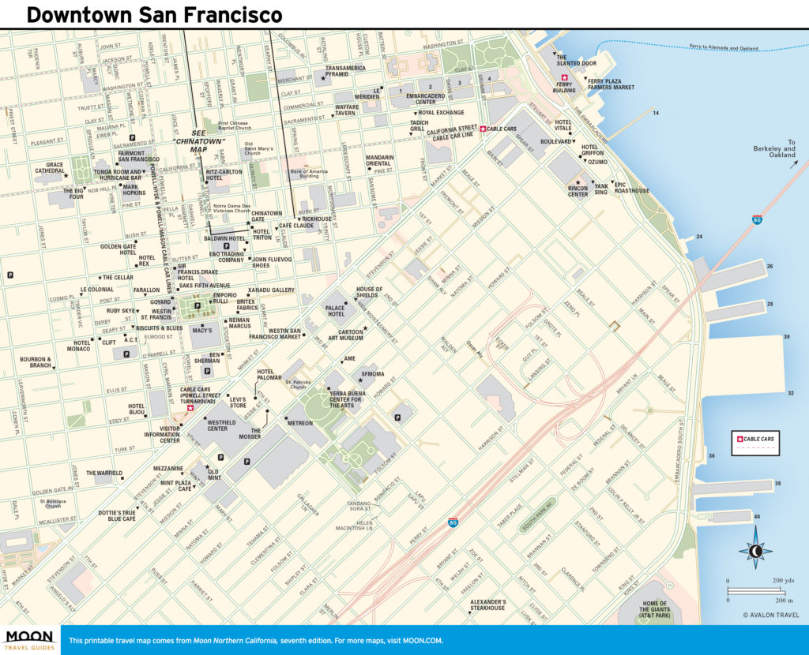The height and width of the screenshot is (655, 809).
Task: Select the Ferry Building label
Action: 564,87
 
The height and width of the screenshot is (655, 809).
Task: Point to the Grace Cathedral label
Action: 49,169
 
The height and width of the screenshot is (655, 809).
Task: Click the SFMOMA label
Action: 372,373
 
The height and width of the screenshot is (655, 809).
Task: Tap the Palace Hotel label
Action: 336,310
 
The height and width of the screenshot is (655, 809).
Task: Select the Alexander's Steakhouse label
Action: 487,604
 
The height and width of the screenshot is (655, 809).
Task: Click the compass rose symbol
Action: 756,552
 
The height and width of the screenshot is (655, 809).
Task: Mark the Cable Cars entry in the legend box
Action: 756,439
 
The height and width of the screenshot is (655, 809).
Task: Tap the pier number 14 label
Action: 655,113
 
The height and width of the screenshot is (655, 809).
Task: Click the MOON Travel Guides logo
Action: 29,639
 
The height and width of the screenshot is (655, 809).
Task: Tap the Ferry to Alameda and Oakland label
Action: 722,48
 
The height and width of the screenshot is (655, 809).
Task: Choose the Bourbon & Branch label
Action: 36,362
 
